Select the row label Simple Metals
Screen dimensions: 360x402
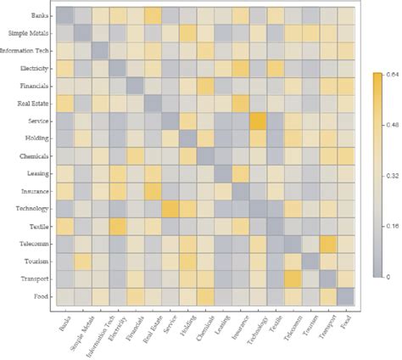[29, 33]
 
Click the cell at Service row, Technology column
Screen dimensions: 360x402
[257, 121]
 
